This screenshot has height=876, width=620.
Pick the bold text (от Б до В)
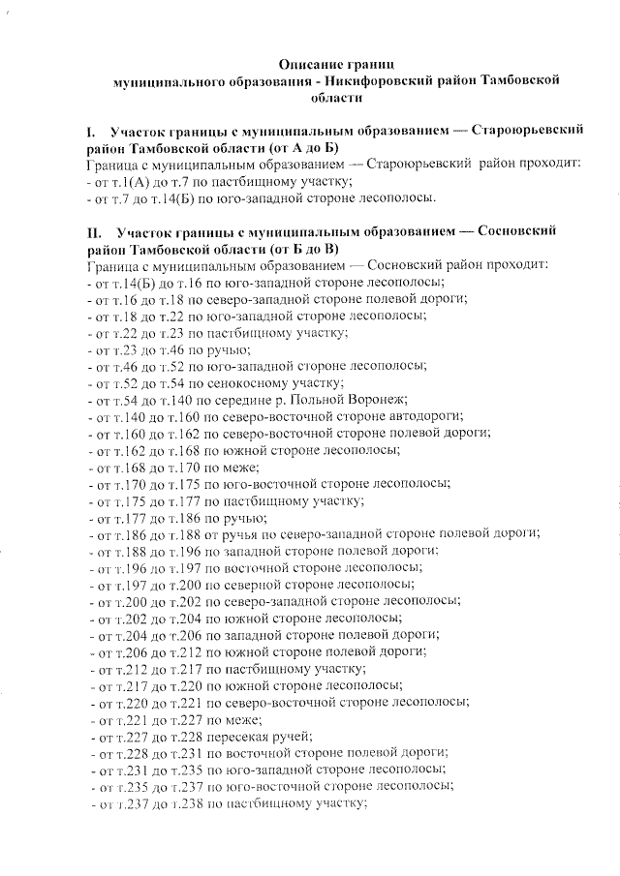[x=295, y=249]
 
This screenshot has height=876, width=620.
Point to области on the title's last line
[x=337, y=98]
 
